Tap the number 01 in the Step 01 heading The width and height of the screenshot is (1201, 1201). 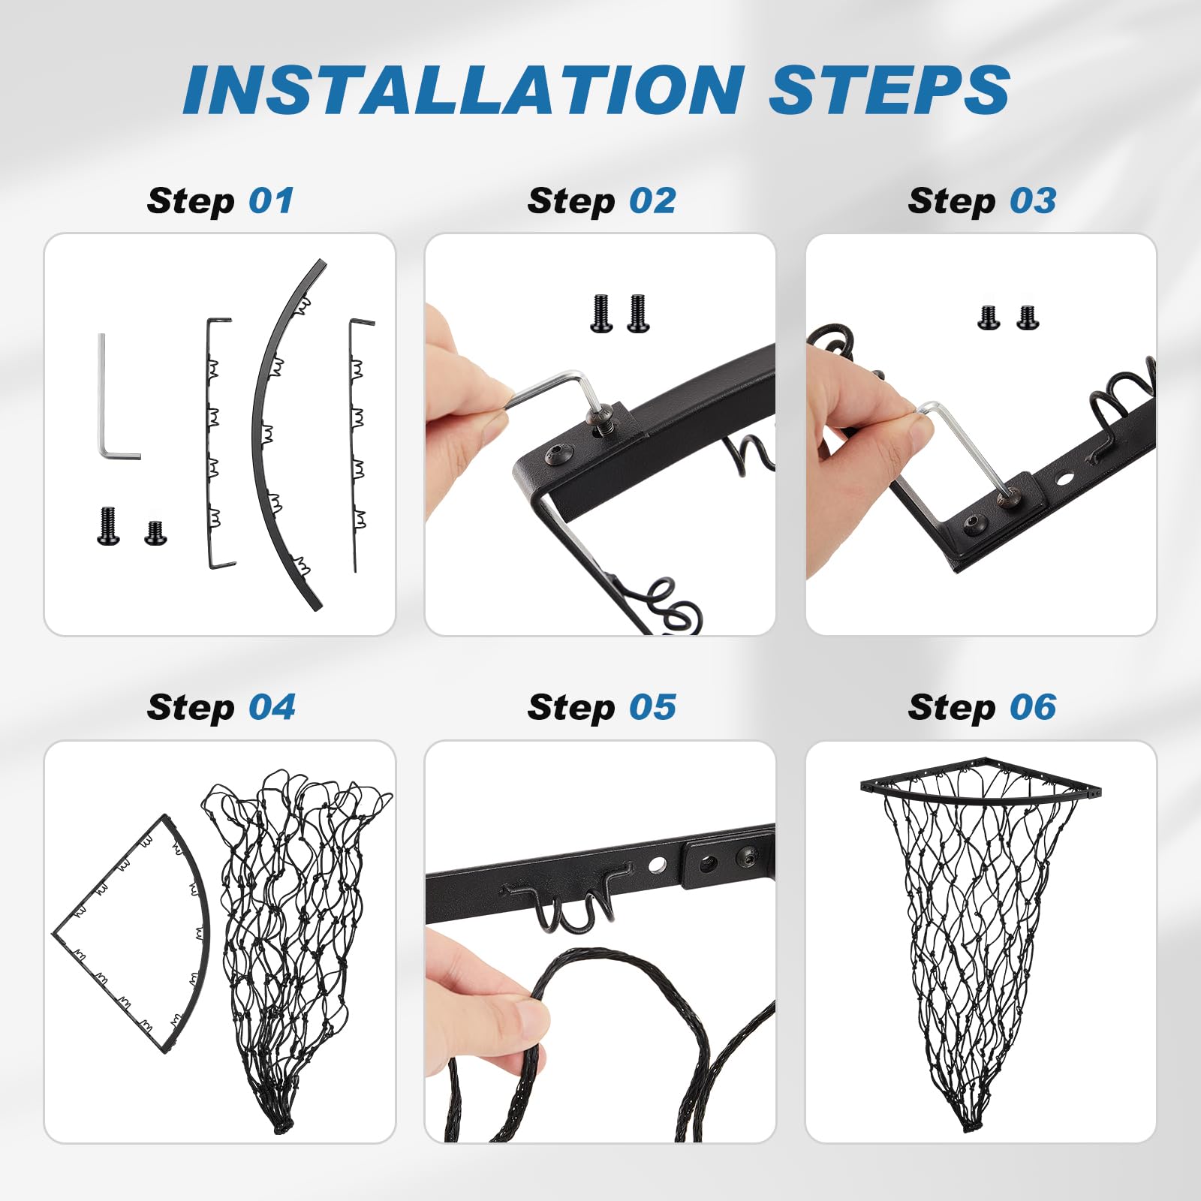(271, 200)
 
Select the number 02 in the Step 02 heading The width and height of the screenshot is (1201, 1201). (652, 200)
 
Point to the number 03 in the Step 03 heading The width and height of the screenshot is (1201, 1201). (1033, 200)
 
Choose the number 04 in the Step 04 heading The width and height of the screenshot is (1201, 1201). (272, 707)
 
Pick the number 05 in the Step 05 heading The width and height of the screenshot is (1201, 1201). (652, 707)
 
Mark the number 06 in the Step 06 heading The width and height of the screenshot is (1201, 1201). (1033, 707)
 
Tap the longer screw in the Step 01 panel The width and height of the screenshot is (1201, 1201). (108, 526)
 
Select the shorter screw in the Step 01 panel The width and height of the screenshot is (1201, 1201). (155, 532)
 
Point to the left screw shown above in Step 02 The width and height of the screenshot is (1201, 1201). (601, 313)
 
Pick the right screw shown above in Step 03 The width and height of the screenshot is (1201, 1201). (1028, 318)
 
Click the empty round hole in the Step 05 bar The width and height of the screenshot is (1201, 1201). (657, 865)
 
